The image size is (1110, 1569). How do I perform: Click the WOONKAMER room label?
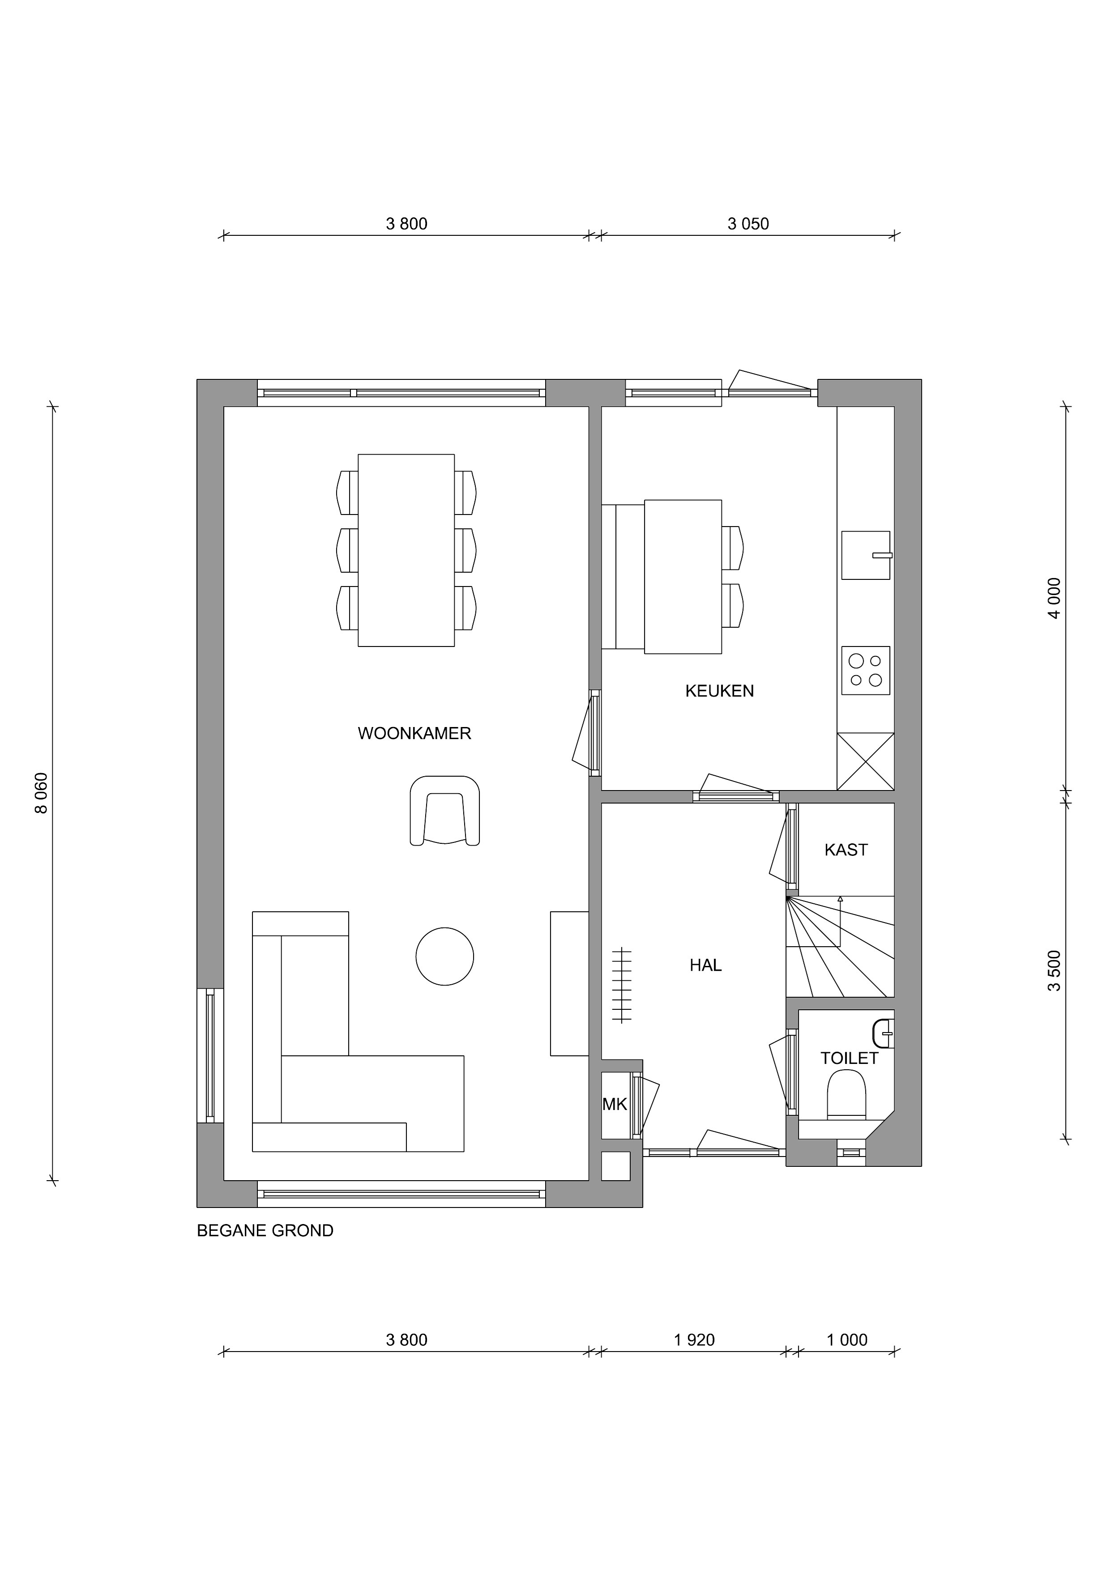[x=414, y=734]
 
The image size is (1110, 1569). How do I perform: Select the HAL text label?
[x=705, y=965]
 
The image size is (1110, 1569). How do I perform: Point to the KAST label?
[x=846, y=850]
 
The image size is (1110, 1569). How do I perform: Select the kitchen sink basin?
[x=866, y=555]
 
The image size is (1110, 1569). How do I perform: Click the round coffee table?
[x=445, y=957]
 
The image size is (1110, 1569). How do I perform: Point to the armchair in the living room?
[x=445, y=811]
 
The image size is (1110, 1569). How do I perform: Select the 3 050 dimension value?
[x=748, y=224]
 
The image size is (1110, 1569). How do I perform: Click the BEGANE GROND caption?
[x=265, y=1231]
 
